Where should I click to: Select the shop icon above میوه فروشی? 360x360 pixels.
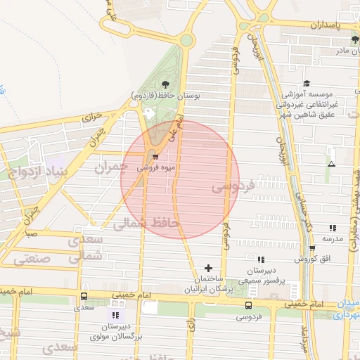(x=155, y=156)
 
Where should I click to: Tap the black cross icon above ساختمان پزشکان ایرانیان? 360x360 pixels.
(x=208, y=268)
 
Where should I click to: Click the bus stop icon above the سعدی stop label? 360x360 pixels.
(x=84, y=297)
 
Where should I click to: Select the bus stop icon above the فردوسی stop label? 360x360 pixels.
(x=248, y=305)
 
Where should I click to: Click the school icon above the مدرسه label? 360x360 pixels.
(x=332, y=228)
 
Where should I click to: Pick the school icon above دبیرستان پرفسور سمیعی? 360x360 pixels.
(x=261, y=259)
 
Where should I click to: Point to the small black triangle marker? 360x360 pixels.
(x=331, y=164)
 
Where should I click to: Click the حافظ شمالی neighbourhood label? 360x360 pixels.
(x=147, y=224)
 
